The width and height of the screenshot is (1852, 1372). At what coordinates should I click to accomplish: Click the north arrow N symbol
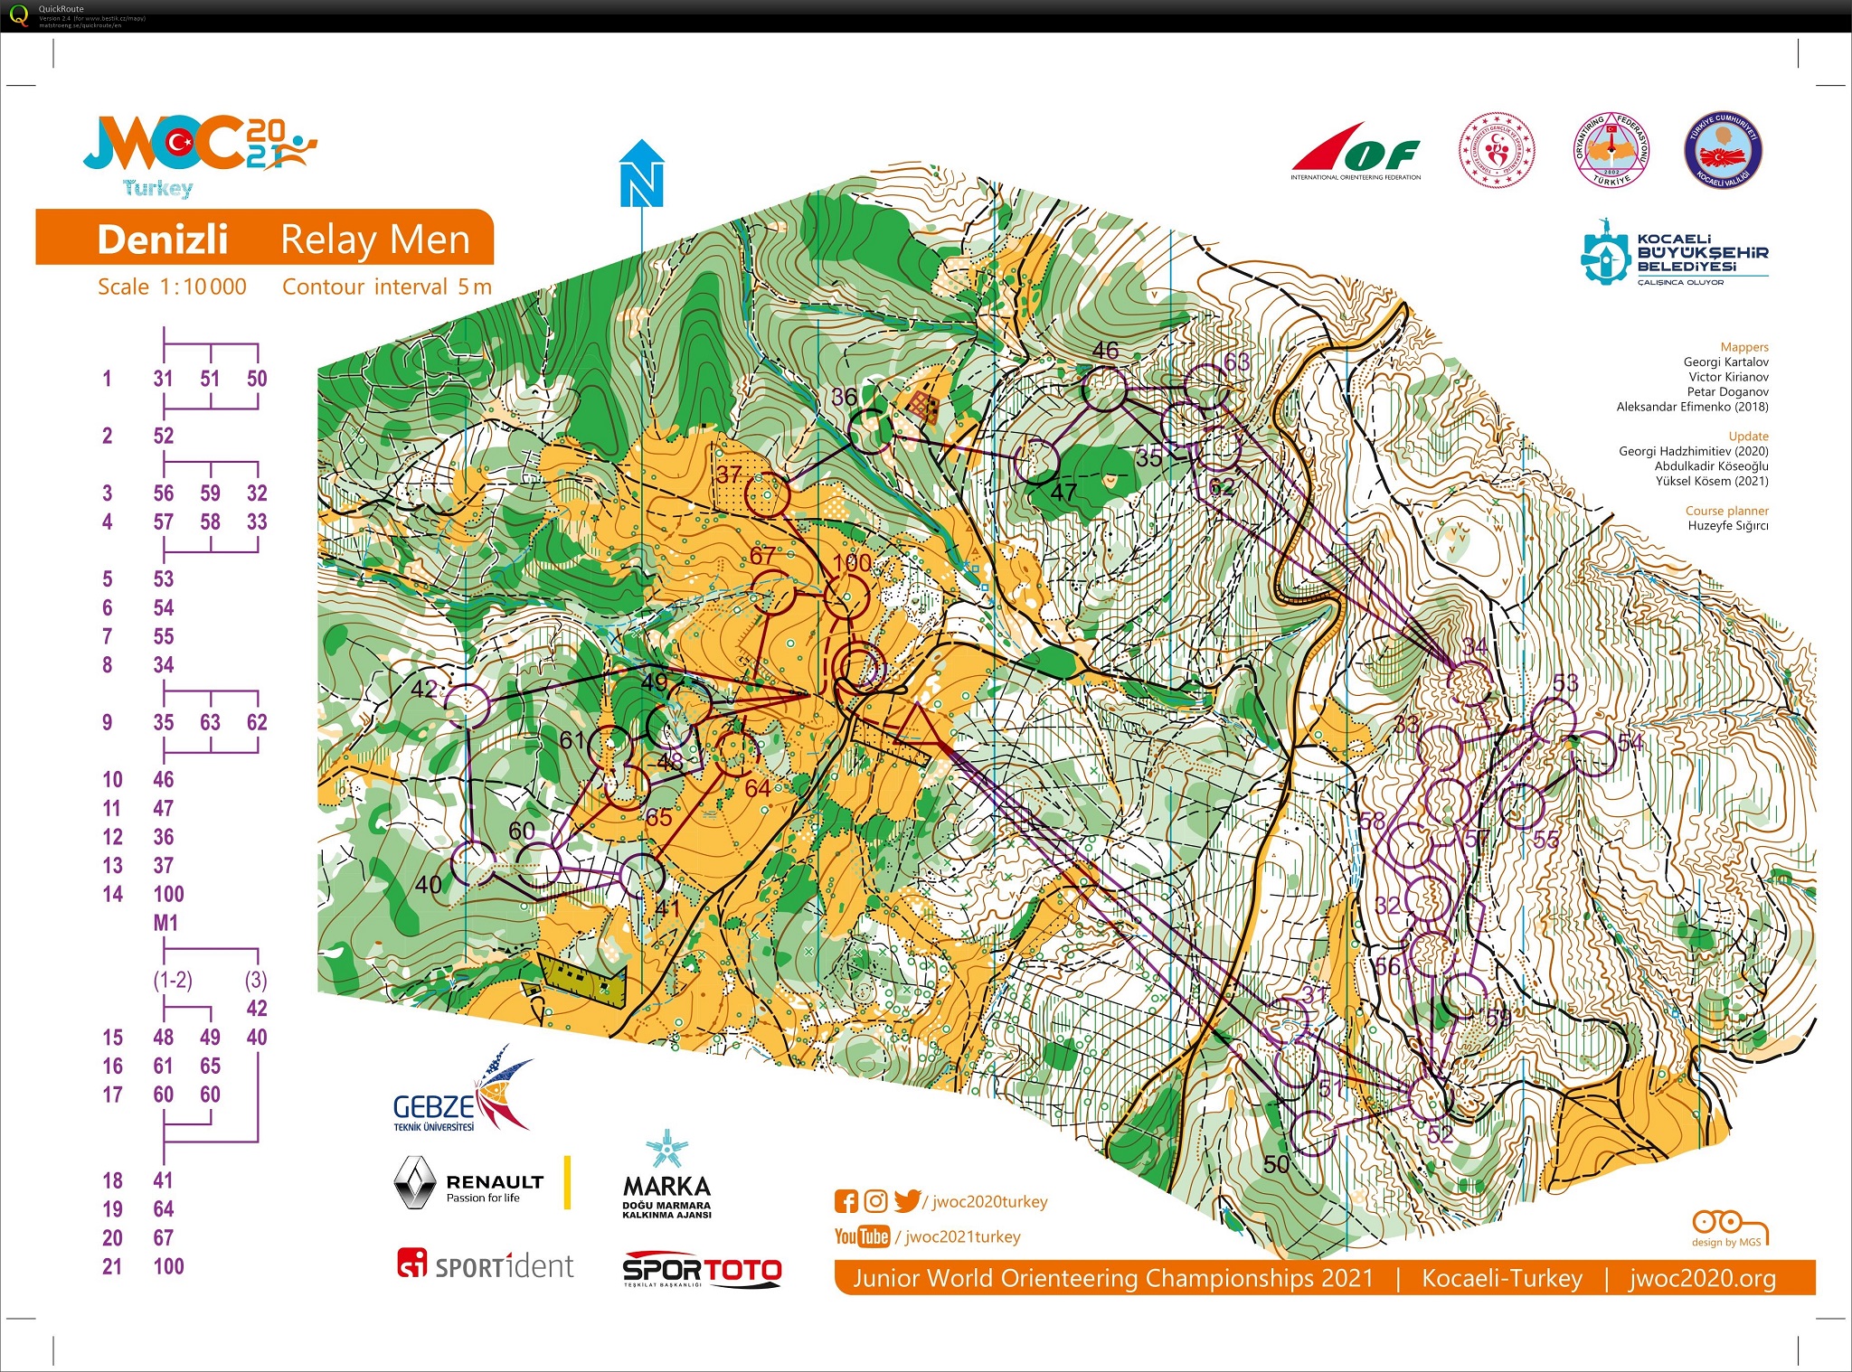pos(641,180)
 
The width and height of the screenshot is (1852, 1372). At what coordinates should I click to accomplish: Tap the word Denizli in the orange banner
pos(163,240)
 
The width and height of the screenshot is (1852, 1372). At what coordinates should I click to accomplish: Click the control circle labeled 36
pos(870,431)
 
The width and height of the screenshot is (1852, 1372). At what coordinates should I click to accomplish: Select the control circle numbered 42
pos(468,705)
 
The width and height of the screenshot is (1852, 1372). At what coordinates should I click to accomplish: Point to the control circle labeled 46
pos(1105,390)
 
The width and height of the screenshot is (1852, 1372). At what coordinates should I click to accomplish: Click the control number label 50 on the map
pos(1276,1164)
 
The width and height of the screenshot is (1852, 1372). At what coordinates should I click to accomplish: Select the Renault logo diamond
pos(414,1182)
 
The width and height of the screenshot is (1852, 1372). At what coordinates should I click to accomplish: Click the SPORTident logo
pos(486,1264)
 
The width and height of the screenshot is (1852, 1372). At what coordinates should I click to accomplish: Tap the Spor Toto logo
pos(702,1269)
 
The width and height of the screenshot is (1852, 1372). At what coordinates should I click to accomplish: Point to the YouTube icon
pos(861,1236)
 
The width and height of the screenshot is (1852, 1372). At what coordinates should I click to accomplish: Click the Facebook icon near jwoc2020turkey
pos(846,1201)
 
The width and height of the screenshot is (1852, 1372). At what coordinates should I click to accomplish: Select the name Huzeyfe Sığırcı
pos(1727,525)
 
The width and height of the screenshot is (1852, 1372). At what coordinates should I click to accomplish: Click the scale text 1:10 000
pos(203,287)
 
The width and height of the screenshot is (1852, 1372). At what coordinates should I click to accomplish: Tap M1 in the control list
pos(165,923)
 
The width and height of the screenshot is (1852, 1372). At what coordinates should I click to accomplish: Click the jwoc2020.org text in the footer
pos(1702,1278)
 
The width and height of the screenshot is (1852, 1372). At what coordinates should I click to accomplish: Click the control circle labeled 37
pos(768,494)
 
